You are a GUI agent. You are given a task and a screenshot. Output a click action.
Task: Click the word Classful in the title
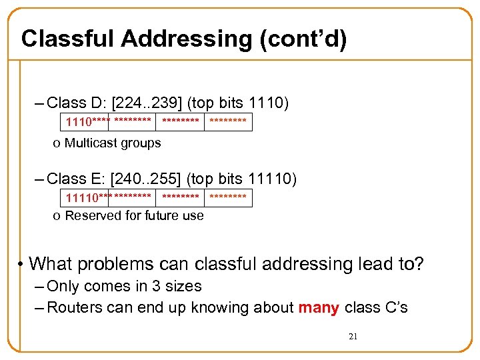pyautogui.click(x=67, y=39)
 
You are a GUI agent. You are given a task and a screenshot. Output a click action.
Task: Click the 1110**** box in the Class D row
pyautogui.click(x=87, y=122)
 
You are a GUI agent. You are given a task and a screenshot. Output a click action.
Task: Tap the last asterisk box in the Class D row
pyautogui.click(x=228, y=122)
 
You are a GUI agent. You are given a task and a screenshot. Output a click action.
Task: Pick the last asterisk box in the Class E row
pyautogui.click(x=228, y=198)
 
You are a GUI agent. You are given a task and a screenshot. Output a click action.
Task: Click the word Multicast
pyautogui.click(x=89, y=143)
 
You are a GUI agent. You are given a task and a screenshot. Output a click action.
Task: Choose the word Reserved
pyautogui.click(x=90, y=215)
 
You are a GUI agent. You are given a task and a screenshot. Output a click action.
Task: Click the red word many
pyautogui.click(x=318, y=307)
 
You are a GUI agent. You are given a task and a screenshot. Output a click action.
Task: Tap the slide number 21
pyautogui.click(x=353, y=337)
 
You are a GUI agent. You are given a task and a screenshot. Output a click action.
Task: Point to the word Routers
pyautogui.click(x=74, y=307)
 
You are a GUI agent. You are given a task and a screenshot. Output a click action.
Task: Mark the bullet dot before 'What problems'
pyautogui.click(x=21, y=264)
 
